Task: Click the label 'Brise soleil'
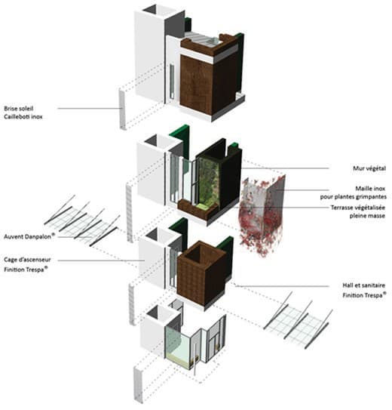pos(19,108)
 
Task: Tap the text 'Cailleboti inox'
pos(23,116)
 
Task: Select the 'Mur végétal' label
pos(369,168)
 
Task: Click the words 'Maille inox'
pos(370,188)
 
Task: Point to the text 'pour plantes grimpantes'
pos(353,196)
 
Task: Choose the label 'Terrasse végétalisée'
pos(358,208)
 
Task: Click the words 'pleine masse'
pos(367,216)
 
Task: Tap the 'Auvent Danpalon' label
pos(27,236)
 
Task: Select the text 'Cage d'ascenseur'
pos(27,260)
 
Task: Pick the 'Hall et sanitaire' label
pos(364,285)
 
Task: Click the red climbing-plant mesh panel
pos(262,216)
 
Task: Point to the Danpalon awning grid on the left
pos(81,220)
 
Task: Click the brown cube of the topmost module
pos(211,84)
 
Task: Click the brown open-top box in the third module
pos(201,272)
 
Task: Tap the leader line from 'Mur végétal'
pos(285,168)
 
